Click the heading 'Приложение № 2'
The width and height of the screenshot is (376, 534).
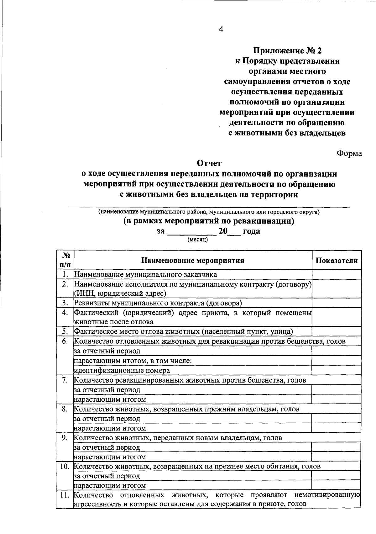click(287, 50)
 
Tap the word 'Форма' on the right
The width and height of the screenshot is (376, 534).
click(349, 153)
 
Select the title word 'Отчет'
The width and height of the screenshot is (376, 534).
click(209, 163)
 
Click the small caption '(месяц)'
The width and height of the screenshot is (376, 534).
click(197, 240)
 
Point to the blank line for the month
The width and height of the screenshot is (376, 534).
click(191, 233)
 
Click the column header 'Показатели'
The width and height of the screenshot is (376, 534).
click(337, 261)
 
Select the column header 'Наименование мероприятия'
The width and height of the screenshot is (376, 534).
click(193, 261)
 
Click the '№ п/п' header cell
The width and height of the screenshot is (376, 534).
click(65, 260)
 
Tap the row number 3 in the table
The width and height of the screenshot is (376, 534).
click(65, 303)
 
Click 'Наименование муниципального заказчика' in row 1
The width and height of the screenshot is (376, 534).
click(145, 275)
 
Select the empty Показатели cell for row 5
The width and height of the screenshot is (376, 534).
click(337, 331)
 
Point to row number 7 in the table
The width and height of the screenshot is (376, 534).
click(65, 380)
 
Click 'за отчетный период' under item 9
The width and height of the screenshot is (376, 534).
click(107, 447)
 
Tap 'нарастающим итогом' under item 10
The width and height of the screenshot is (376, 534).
click(110, 485)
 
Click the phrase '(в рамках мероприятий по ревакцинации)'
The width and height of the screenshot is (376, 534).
click(209, 221)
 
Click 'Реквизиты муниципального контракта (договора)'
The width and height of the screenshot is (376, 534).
click(158, 303)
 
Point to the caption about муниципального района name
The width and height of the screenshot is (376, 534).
click(209, 212)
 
